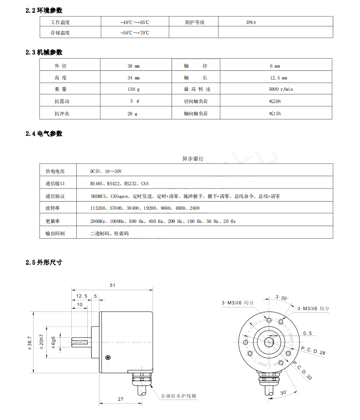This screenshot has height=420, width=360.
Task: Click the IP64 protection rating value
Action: click(251, 22)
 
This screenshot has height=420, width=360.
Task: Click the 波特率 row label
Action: click(52, 208)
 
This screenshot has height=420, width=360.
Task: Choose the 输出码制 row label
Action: click(55, 233)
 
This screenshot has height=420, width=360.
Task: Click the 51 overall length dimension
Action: click(113, 286)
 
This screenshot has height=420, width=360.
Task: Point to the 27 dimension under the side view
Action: click(121, 399)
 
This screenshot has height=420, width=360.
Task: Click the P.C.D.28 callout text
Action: click(313, 350)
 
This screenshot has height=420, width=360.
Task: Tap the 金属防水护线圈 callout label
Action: click(178, 396)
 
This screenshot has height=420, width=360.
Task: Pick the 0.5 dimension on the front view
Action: click(307, 333)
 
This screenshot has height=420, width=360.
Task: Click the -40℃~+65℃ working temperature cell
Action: click(135, 22)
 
